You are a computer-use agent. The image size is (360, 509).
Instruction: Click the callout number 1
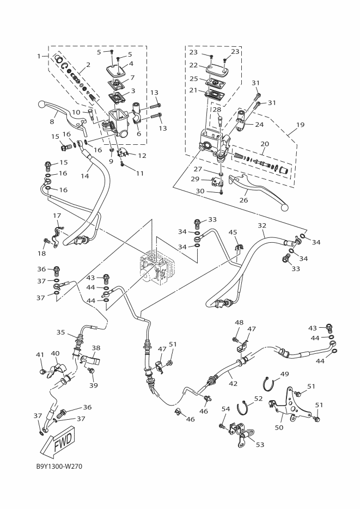pyautogui.click(x=39, y=56)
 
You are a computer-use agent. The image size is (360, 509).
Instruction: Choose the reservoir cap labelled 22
pyautogui.click(x=217, y=70)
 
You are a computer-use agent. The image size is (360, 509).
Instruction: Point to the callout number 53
pyautogui.click(x=260, y=444)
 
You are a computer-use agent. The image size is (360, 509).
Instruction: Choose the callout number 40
pyautogui.click(x=55, y=353)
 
